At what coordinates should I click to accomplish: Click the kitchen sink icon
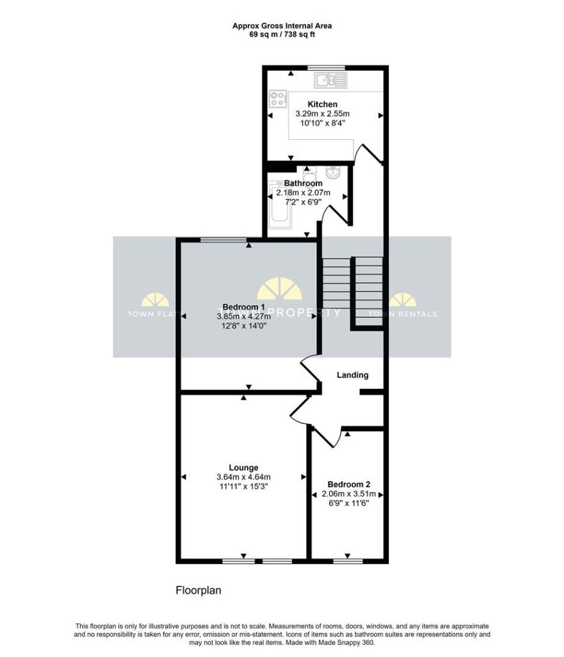(330, 80)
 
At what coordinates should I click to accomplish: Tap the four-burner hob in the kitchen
(278, 99)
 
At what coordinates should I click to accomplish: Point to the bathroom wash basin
(333, 173)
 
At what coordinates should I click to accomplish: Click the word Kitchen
(322, 104)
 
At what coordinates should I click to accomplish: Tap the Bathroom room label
(303, 183)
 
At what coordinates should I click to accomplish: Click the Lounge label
(243, 468)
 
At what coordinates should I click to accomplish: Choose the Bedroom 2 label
(348, 484)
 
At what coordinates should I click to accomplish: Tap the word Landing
(353, 375)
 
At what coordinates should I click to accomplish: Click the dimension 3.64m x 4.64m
(243, 477)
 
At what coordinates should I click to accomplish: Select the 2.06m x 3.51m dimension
(348, 494)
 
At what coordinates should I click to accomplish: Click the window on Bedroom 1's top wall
(223, 240)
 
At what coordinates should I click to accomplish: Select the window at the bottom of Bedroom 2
(347, 561)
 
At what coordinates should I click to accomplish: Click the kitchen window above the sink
(325, 67)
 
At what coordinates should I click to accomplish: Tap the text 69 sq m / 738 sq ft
(282, 35)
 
